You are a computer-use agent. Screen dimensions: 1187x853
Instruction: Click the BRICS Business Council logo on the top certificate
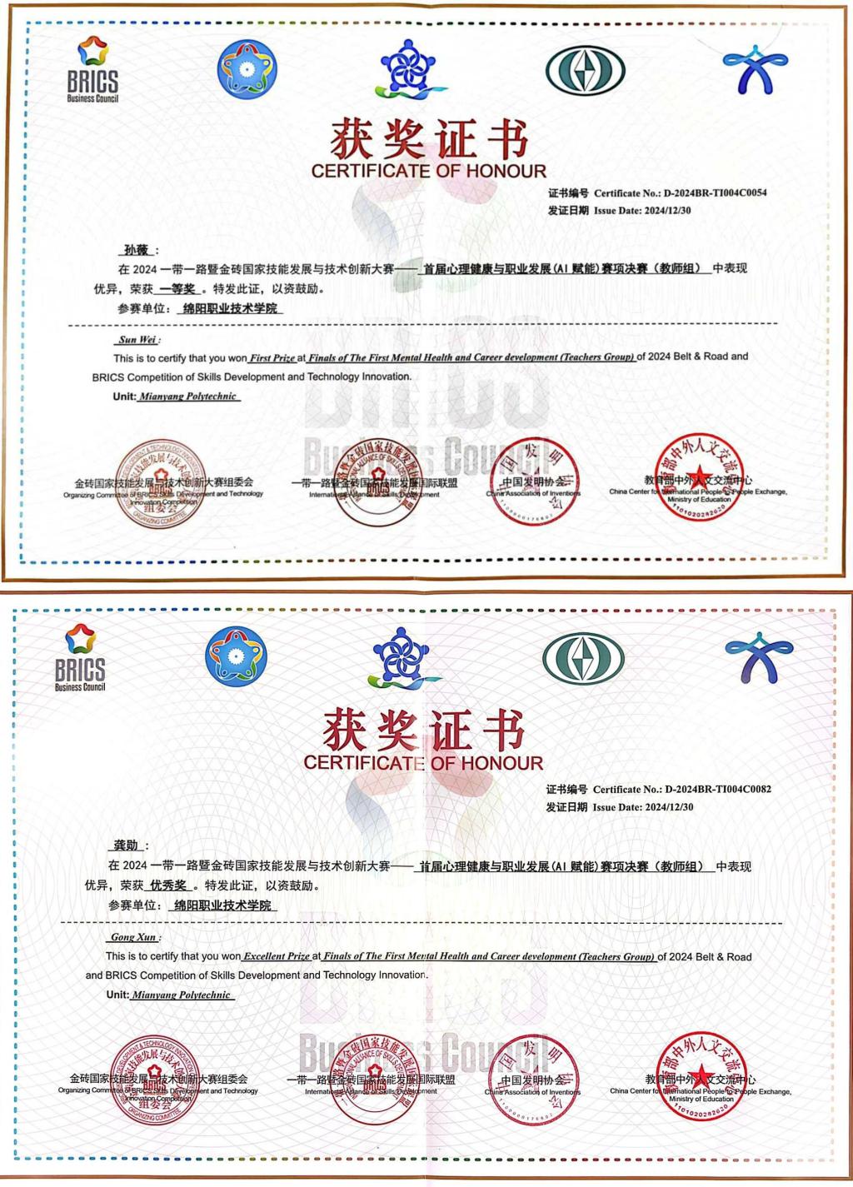pyautogui.click(x=92, y=70)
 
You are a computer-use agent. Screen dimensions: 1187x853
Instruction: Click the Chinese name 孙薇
pyautogui.click(x=136, y=250)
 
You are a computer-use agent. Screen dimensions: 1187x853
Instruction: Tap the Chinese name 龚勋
pyautogui.click(x=127, y=845)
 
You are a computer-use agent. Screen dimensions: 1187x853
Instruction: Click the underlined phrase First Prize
pyautogui.click(x=272, y=358)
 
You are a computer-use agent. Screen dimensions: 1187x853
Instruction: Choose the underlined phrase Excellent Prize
pyautogui.click(x=276, y=956)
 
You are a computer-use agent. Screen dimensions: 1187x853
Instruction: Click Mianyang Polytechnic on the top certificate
pyautogui.click(x=188, y=396)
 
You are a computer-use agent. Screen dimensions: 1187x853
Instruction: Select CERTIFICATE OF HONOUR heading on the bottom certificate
pyautogui.click(x=423, y=762)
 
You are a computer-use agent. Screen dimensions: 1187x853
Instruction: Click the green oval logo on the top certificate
pyautogui.click(x=585, y=69)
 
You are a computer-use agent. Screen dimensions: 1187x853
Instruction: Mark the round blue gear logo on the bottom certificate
pyautogui.click(x=237, y=657)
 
